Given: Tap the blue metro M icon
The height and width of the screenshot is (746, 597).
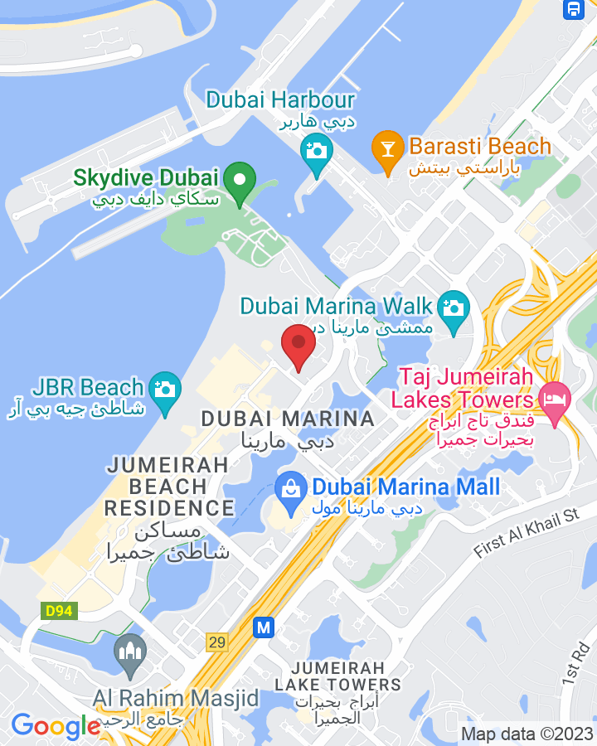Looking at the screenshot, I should click(x=265, y=627).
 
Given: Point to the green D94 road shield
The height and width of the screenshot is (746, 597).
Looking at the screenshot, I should click(x=54, y=612).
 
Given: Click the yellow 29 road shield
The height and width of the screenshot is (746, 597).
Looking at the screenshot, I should click(x=217, y=642).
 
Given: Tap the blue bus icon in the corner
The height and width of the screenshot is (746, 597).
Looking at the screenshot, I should click(x=573, y=9).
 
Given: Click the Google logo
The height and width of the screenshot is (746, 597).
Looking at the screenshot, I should click(x=55, y=727).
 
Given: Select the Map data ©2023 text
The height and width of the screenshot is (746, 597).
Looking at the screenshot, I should click(x=527, y=734).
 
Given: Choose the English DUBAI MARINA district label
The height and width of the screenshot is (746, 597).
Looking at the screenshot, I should click(x=288, y=419).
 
